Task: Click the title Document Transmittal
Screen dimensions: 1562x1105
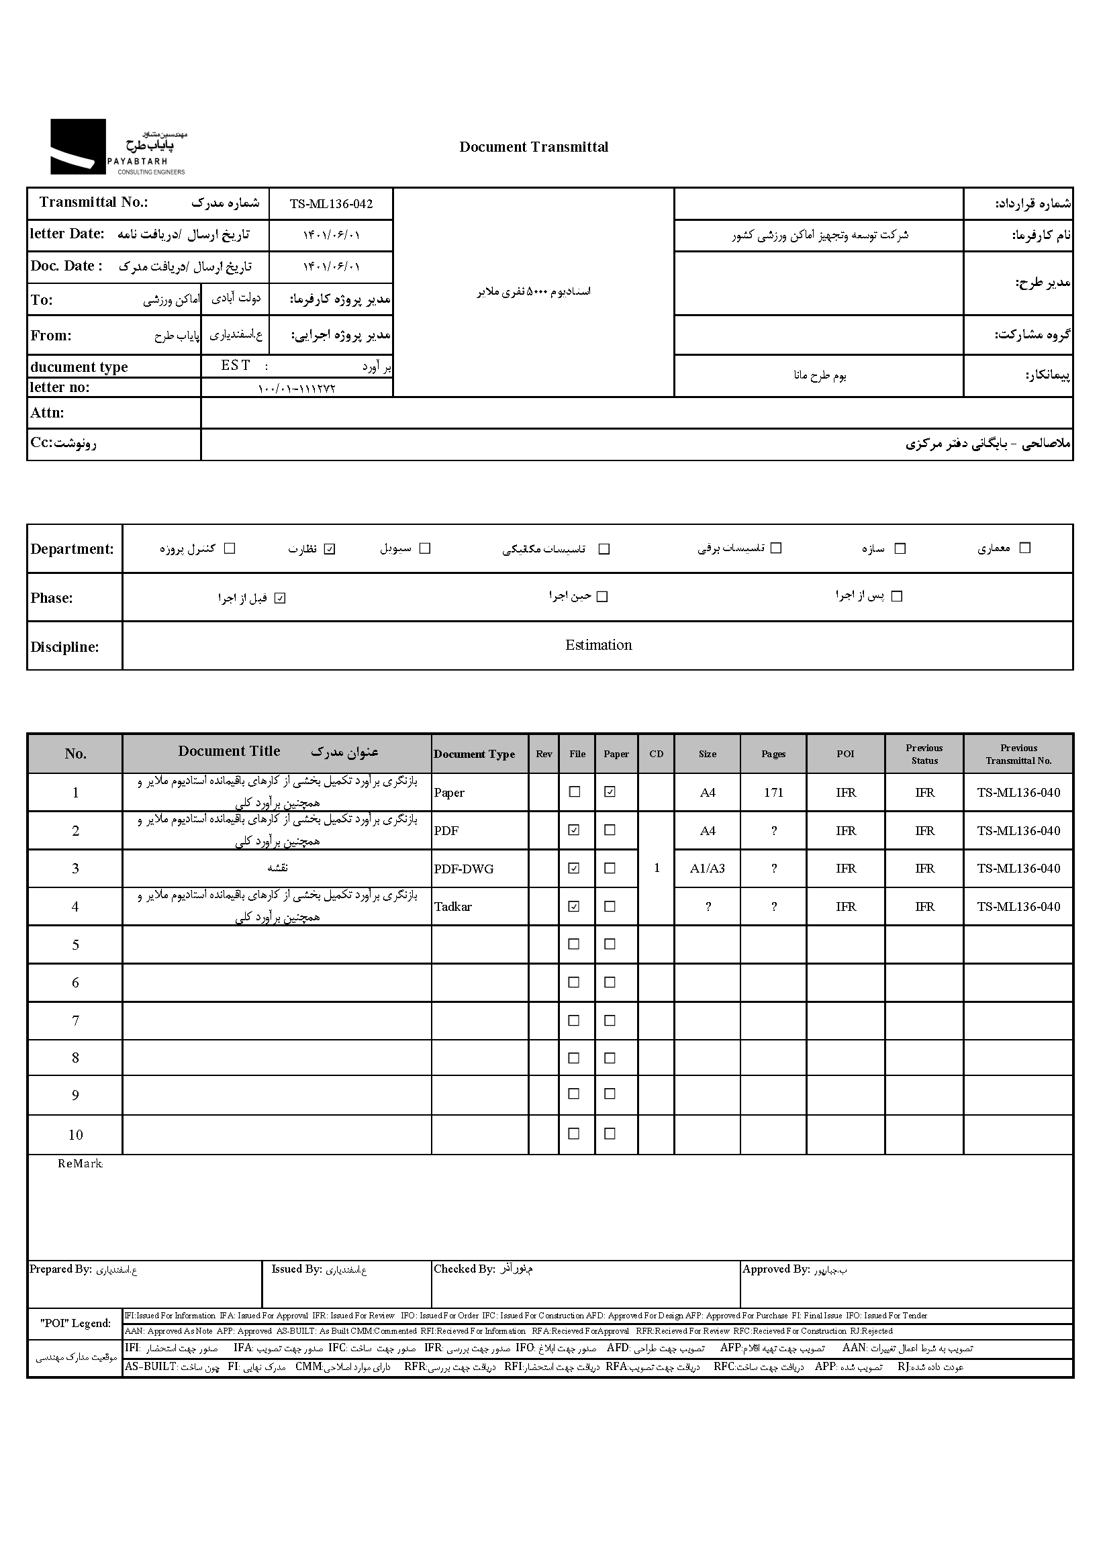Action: (x=534, y=147)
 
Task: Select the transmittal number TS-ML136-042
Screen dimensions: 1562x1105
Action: (x=331, y=204)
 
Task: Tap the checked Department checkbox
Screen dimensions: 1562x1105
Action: (x=330, y=549)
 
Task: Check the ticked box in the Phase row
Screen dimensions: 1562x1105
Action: (x=280, y=599)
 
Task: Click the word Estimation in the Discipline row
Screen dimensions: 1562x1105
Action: (x=598, y=645)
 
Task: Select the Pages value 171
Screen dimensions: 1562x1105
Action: (x=773, y=793)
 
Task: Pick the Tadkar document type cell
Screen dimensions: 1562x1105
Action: (x=453, y=907)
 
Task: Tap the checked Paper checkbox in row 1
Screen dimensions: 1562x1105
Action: (x=610, y=792)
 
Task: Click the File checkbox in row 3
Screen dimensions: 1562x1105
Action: (x=574, y=868)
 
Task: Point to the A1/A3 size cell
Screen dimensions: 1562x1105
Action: (x=708, y=869)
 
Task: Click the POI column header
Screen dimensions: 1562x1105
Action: (x=845, y=754)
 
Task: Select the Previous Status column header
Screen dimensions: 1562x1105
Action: (x=924, y=754)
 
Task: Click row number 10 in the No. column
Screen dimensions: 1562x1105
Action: (x=76, y=1135)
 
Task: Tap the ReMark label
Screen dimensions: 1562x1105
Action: (x=80, y=1164)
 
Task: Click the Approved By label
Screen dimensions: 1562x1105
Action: (x=775, y=1269)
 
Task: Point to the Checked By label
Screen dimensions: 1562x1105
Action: (x=464, y=1269)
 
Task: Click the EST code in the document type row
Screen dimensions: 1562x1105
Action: (x=236, y=365)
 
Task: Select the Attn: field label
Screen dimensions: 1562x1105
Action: (x=48, y=413)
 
